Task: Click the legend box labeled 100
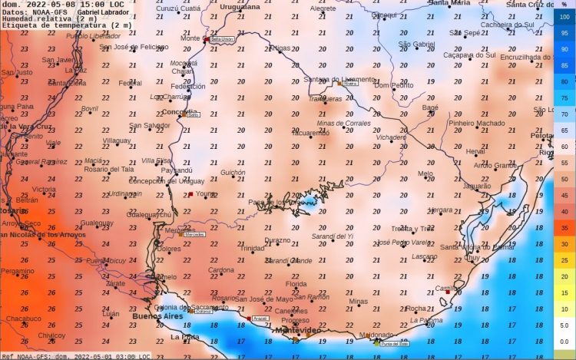click(x=564, y=17)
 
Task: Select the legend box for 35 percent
click(x=564, y=228)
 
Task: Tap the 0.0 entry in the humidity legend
click(x=564, y=342)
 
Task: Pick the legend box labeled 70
click(x=564, y=114)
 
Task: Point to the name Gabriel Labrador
click(x=103, y=12)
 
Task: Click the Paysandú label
click(x=177, y=170)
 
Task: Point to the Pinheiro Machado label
click(x=477, y=123)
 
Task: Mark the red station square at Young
click(x=190, y=195)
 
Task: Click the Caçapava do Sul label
click(x=469, y=55)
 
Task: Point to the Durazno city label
click(x=277, y=240)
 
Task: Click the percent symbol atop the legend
click(x=564, y=5)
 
